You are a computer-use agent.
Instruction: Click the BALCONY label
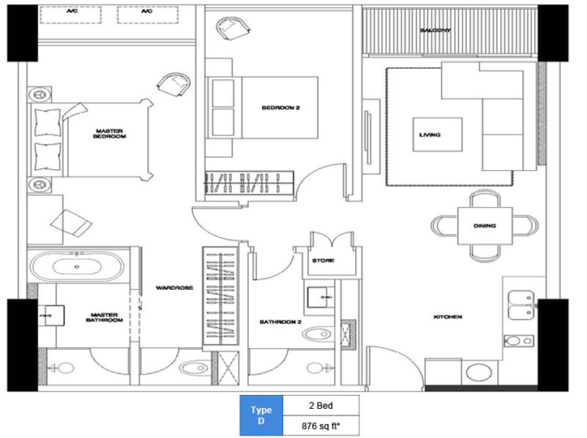coord(435,30)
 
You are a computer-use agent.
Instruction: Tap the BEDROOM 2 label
coord(281,108)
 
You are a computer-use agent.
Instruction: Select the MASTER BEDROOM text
coord(109,134)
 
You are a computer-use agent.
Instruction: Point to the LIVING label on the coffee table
coord(430,134)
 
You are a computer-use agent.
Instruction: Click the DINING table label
coord(484,226)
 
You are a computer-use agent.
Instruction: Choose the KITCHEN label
coord(448,317)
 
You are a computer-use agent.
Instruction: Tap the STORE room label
coord(323,261)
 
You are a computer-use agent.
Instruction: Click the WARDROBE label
coord(174,287)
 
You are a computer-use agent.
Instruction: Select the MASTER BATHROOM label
coord(104,317)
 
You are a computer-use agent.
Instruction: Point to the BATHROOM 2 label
coord(281,321)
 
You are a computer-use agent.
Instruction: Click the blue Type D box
coord(261,415)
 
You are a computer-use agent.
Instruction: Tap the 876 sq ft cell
coord(321,426)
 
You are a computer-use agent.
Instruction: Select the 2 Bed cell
coord(321,406)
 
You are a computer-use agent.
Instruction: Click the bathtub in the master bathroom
coord(77,266)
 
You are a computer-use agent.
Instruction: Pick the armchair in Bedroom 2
coord(233,28)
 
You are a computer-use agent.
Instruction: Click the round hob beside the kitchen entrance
coord(479,372)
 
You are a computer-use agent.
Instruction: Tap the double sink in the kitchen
coord(521,305)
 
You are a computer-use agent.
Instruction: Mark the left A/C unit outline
coord(71,15)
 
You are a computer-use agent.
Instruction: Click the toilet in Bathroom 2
coord(318,334)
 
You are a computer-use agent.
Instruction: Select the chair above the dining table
coord(485,199)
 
